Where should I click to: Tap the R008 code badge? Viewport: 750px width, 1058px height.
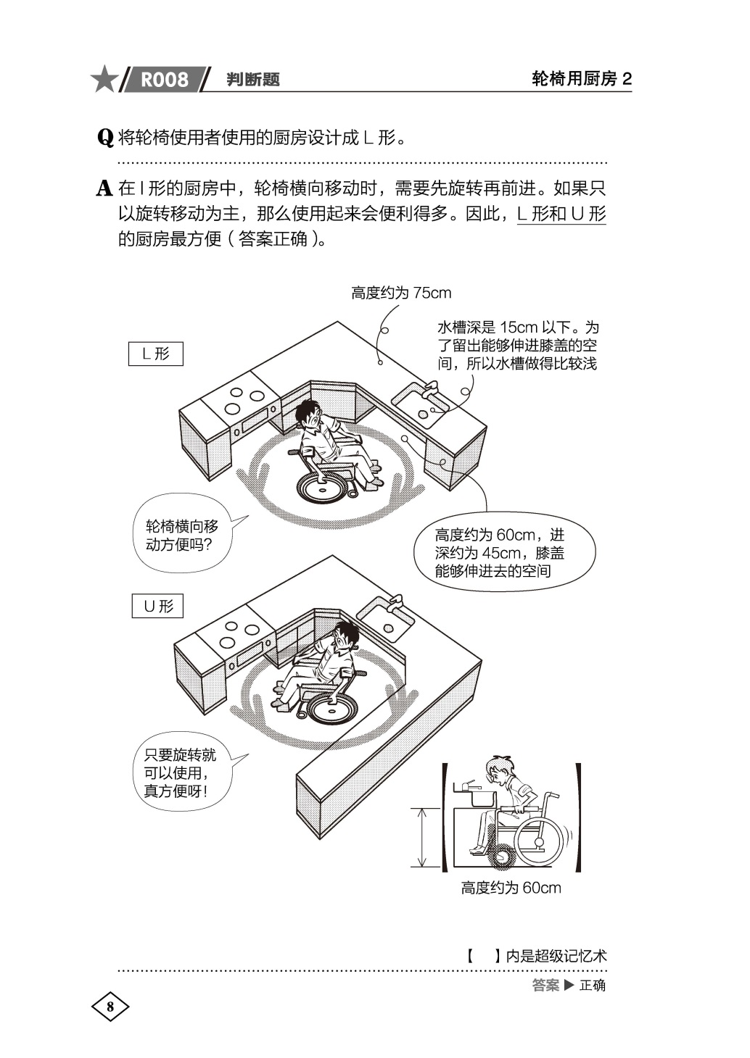(164, 79)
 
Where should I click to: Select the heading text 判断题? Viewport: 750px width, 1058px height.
(253, 80)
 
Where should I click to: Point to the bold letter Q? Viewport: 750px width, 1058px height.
(105, 137)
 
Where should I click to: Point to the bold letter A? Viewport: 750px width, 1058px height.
(105, 189)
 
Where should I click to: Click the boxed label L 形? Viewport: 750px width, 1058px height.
(156, 354)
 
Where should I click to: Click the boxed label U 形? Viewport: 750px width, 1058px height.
(157, 606)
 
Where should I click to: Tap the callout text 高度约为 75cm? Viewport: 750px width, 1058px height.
(401, 293)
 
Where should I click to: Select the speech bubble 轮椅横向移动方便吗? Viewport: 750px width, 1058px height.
(183, 536)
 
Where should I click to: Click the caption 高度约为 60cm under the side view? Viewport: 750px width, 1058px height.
(511, 888)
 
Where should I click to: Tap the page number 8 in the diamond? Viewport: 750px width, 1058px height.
(110, 1007)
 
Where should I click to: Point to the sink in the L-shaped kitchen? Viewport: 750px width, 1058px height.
(421, 401)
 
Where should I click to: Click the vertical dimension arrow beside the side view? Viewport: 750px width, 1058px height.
(421, 837)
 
